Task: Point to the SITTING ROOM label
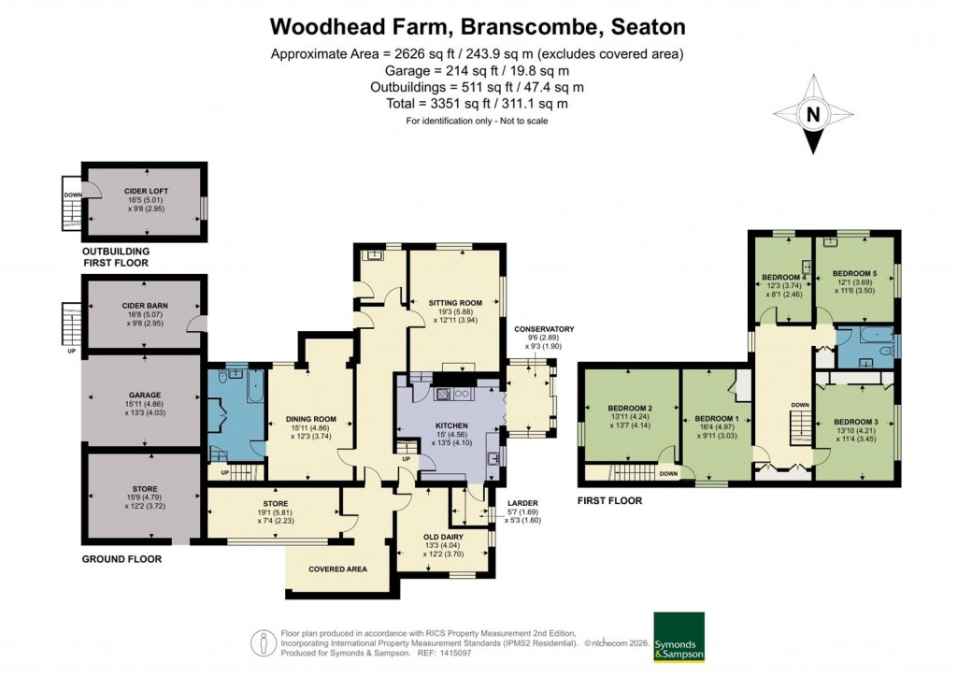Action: (454, 303)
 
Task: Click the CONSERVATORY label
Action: (543, 329)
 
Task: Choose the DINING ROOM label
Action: (310, 419)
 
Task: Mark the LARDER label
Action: (522, 504)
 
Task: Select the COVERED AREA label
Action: (337, 569)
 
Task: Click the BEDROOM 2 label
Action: (629, 408)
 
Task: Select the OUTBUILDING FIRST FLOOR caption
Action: (115, 257)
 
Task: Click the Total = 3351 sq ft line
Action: (478, 104)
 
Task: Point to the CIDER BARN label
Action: (143, 305)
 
